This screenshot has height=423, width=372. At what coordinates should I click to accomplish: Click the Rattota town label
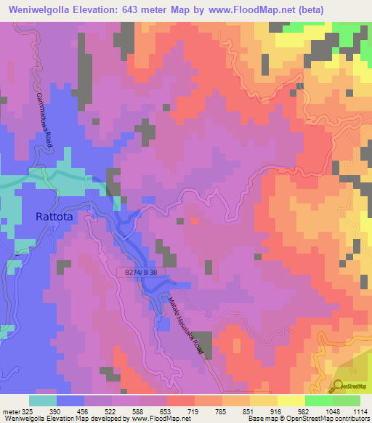pyautogui.click(x=56, y=216)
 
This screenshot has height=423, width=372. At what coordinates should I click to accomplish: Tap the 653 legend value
pyautogui.click(x=167, y=411)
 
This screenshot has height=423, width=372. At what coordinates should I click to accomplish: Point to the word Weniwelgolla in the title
pyautogui.click(x=39, y=9)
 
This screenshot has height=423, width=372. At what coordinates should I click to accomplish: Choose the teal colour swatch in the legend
pyautogui.click(x=43, y=400)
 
